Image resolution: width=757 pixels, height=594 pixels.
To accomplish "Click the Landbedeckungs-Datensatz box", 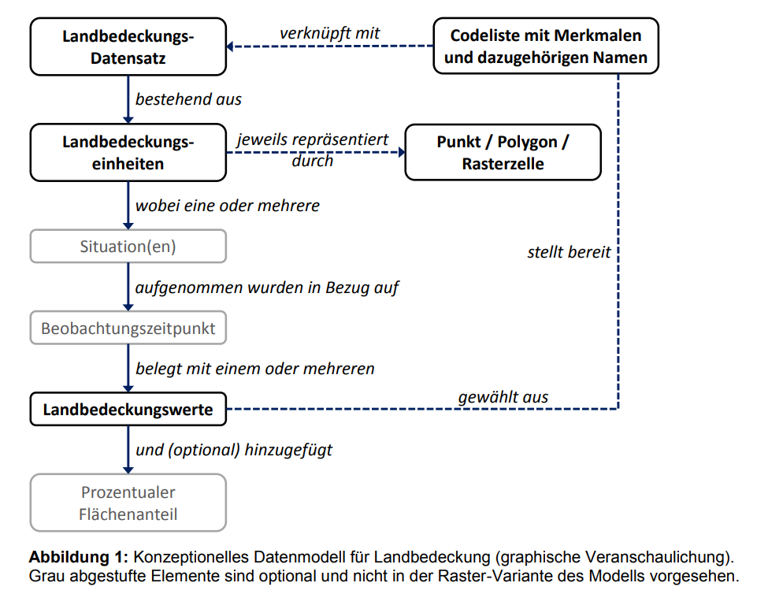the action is (128, 46).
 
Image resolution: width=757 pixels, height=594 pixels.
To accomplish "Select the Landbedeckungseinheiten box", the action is (128, 153).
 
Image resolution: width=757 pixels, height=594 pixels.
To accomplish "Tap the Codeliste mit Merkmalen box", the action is (546, 46).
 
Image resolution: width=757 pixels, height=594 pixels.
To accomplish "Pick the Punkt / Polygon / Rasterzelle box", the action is (503, 153).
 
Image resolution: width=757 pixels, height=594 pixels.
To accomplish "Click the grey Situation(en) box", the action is (128, 247).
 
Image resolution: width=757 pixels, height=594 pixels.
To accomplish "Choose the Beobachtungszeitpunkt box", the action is (128, 328).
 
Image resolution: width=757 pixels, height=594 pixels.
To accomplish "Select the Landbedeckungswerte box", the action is (128, 409).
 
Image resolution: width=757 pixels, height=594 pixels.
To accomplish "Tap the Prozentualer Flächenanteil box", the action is (128, 503).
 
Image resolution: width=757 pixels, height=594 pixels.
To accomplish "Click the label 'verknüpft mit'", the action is (330, 33).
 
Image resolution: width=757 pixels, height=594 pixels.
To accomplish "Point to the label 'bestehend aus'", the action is (188, 99).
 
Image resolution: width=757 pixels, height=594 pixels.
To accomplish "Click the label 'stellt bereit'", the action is (569, 251).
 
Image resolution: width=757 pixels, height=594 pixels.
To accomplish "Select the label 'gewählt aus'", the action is (503, 397).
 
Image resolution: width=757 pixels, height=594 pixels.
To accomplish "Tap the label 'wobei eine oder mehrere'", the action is (228, 206).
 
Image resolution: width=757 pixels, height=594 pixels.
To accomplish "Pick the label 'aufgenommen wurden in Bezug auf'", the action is (267, 288).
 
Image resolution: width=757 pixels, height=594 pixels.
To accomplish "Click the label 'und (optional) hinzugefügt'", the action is (234, 450).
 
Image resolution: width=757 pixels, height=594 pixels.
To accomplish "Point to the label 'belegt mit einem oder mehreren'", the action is (255, 369).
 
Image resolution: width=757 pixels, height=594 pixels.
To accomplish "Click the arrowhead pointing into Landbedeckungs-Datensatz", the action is (230, 46).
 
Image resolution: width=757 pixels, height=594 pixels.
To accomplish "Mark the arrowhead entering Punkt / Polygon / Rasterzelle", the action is (402, 153).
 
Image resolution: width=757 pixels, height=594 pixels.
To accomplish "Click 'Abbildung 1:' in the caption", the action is (78, 557).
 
